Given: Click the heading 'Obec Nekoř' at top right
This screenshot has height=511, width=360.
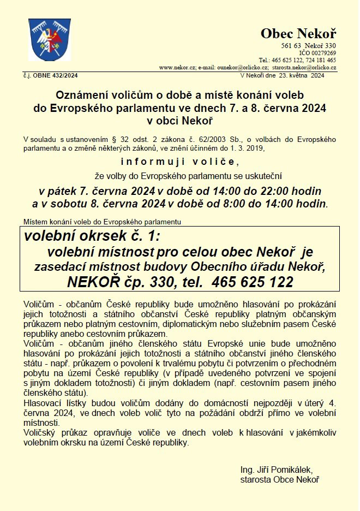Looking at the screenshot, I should tap(298, 34).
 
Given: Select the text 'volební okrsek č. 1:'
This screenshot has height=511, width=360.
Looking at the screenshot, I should tap(92, 236).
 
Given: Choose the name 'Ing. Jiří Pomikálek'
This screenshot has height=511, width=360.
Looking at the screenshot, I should tap(276, 470).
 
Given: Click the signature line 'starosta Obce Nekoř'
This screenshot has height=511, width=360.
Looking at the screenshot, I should tap(279, 479).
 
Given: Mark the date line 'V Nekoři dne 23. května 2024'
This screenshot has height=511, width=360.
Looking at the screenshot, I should tap(282, 76).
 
